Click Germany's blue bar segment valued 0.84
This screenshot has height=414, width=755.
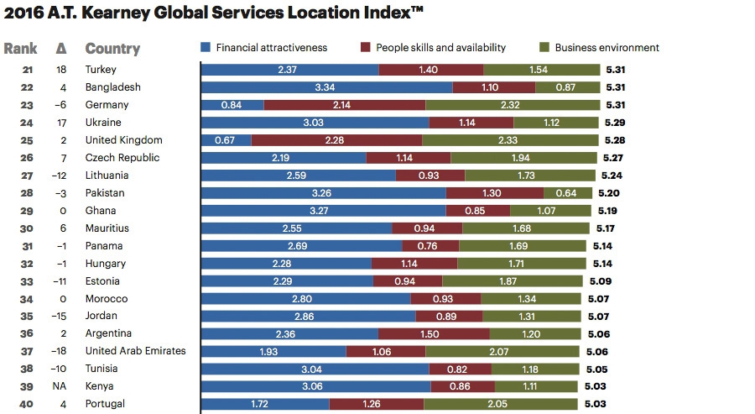pyautogui.click(x=232, y=105)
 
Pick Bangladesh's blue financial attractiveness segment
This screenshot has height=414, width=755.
pyautogui.click(x=327, y=87)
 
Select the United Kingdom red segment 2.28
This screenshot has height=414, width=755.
pyautogui.click(x=336, y=140)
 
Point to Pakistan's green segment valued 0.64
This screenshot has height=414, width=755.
pyautogui.click(x=566, y=193)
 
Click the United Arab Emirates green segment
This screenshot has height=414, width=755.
pyautogui.click(x=512, y=351)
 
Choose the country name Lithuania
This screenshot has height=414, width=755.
pyautogui.click(x=107, y=176)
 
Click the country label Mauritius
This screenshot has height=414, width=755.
pyautogui.click(x=107, y=228)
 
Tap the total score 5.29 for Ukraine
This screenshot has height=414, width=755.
pyautogui.click(x=613, y=123)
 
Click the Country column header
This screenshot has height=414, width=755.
pyautogui.click(x=112, y=49)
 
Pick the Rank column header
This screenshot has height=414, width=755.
pyautogui.click(x=21, y=49)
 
